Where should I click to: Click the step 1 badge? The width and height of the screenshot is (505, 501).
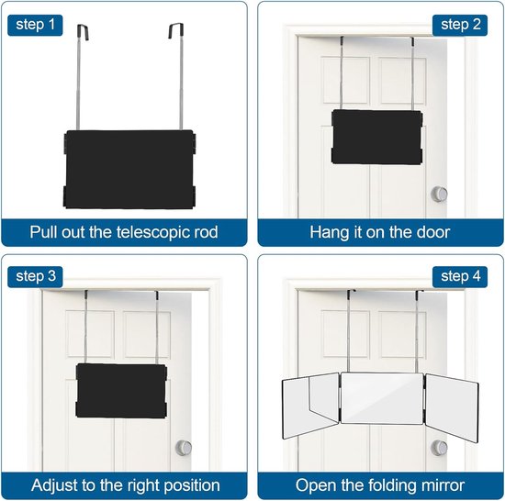(35, 25)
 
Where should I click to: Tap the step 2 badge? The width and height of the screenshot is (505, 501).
(460, 25)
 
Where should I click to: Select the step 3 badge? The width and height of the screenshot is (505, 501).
(35, 277)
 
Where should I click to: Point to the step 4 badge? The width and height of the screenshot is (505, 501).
(460, 277)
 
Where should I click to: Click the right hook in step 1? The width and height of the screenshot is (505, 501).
(176, 30)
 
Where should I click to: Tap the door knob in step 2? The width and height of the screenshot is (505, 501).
(439, 194)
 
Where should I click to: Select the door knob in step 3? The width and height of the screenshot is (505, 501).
(184, 448)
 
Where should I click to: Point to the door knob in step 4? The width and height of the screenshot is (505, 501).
(439, 448)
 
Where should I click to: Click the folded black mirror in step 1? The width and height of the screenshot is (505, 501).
(129, 169)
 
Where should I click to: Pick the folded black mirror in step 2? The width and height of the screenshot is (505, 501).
(376, 137)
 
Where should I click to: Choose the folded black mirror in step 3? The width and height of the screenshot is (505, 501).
(121, 391)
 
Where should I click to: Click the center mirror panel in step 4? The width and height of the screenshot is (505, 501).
(382, 398)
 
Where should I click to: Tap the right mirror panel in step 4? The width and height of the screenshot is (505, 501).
(452, 408)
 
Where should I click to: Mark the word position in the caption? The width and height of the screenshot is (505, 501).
(192, 486)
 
